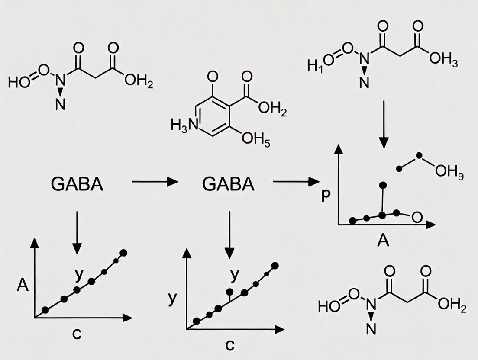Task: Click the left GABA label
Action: (77, 184)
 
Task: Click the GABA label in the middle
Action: (228, 184)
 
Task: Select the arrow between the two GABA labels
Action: (155, 182)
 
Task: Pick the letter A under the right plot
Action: (383, 240)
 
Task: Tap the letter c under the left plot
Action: (77, 334)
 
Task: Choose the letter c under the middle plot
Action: (229, 344)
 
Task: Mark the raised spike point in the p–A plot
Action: (383, 186)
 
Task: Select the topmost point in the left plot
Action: (124, 253)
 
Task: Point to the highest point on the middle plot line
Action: (274, 266)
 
